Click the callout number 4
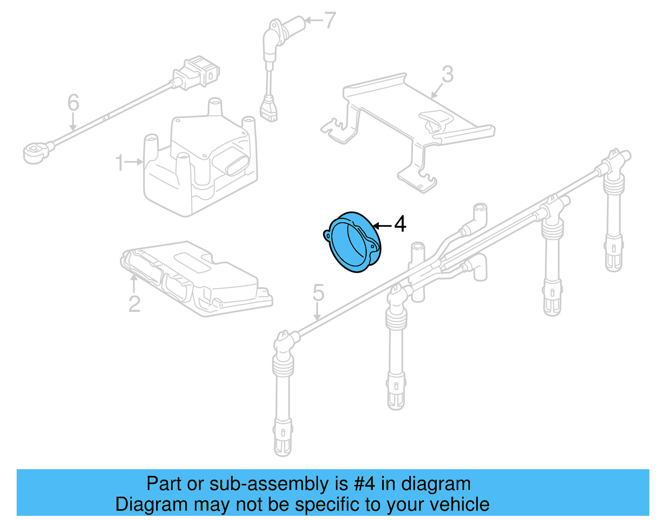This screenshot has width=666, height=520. [400, 224]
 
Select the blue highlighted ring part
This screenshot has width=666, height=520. [353, 242]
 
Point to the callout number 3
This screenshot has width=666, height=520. [447, 75]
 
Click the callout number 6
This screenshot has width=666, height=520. [73, 102]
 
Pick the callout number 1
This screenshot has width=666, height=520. [119, 163]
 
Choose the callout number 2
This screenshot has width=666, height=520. [134, 304]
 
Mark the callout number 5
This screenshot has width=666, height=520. [318, 293]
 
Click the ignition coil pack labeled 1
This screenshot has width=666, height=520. [200, 167]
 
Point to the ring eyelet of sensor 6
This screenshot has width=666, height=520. [33, 152]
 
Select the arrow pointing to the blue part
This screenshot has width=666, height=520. [382, 226]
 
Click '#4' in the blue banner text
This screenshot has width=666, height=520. [364, 484]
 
